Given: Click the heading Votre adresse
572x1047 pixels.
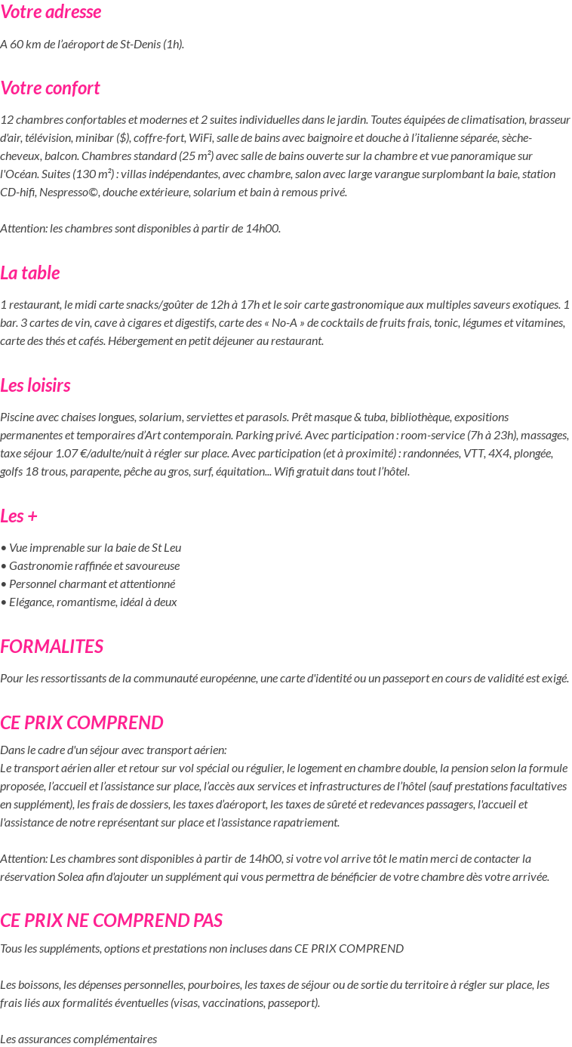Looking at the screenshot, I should pyautogui.click(x=51, y=12).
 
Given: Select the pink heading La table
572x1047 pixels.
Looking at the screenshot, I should pyautogui.click(x=30, y=273).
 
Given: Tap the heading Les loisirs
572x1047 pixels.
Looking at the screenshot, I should pyautogui.click(x=35, y=386).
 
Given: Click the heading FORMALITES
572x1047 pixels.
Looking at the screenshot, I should pyautogui.click(x=51, y=647).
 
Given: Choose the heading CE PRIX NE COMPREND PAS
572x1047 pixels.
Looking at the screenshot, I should pyautogui.click(x=111, y=921).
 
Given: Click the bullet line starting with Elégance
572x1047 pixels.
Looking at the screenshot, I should pyautogui.click(x=89, y=602).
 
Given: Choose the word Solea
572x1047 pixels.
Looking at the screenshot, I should pyautogui.click(x=71, y=876).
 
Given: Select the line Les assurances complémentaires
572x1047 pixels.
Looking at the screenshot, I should pyautogui.click(x=78, y=1039).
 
